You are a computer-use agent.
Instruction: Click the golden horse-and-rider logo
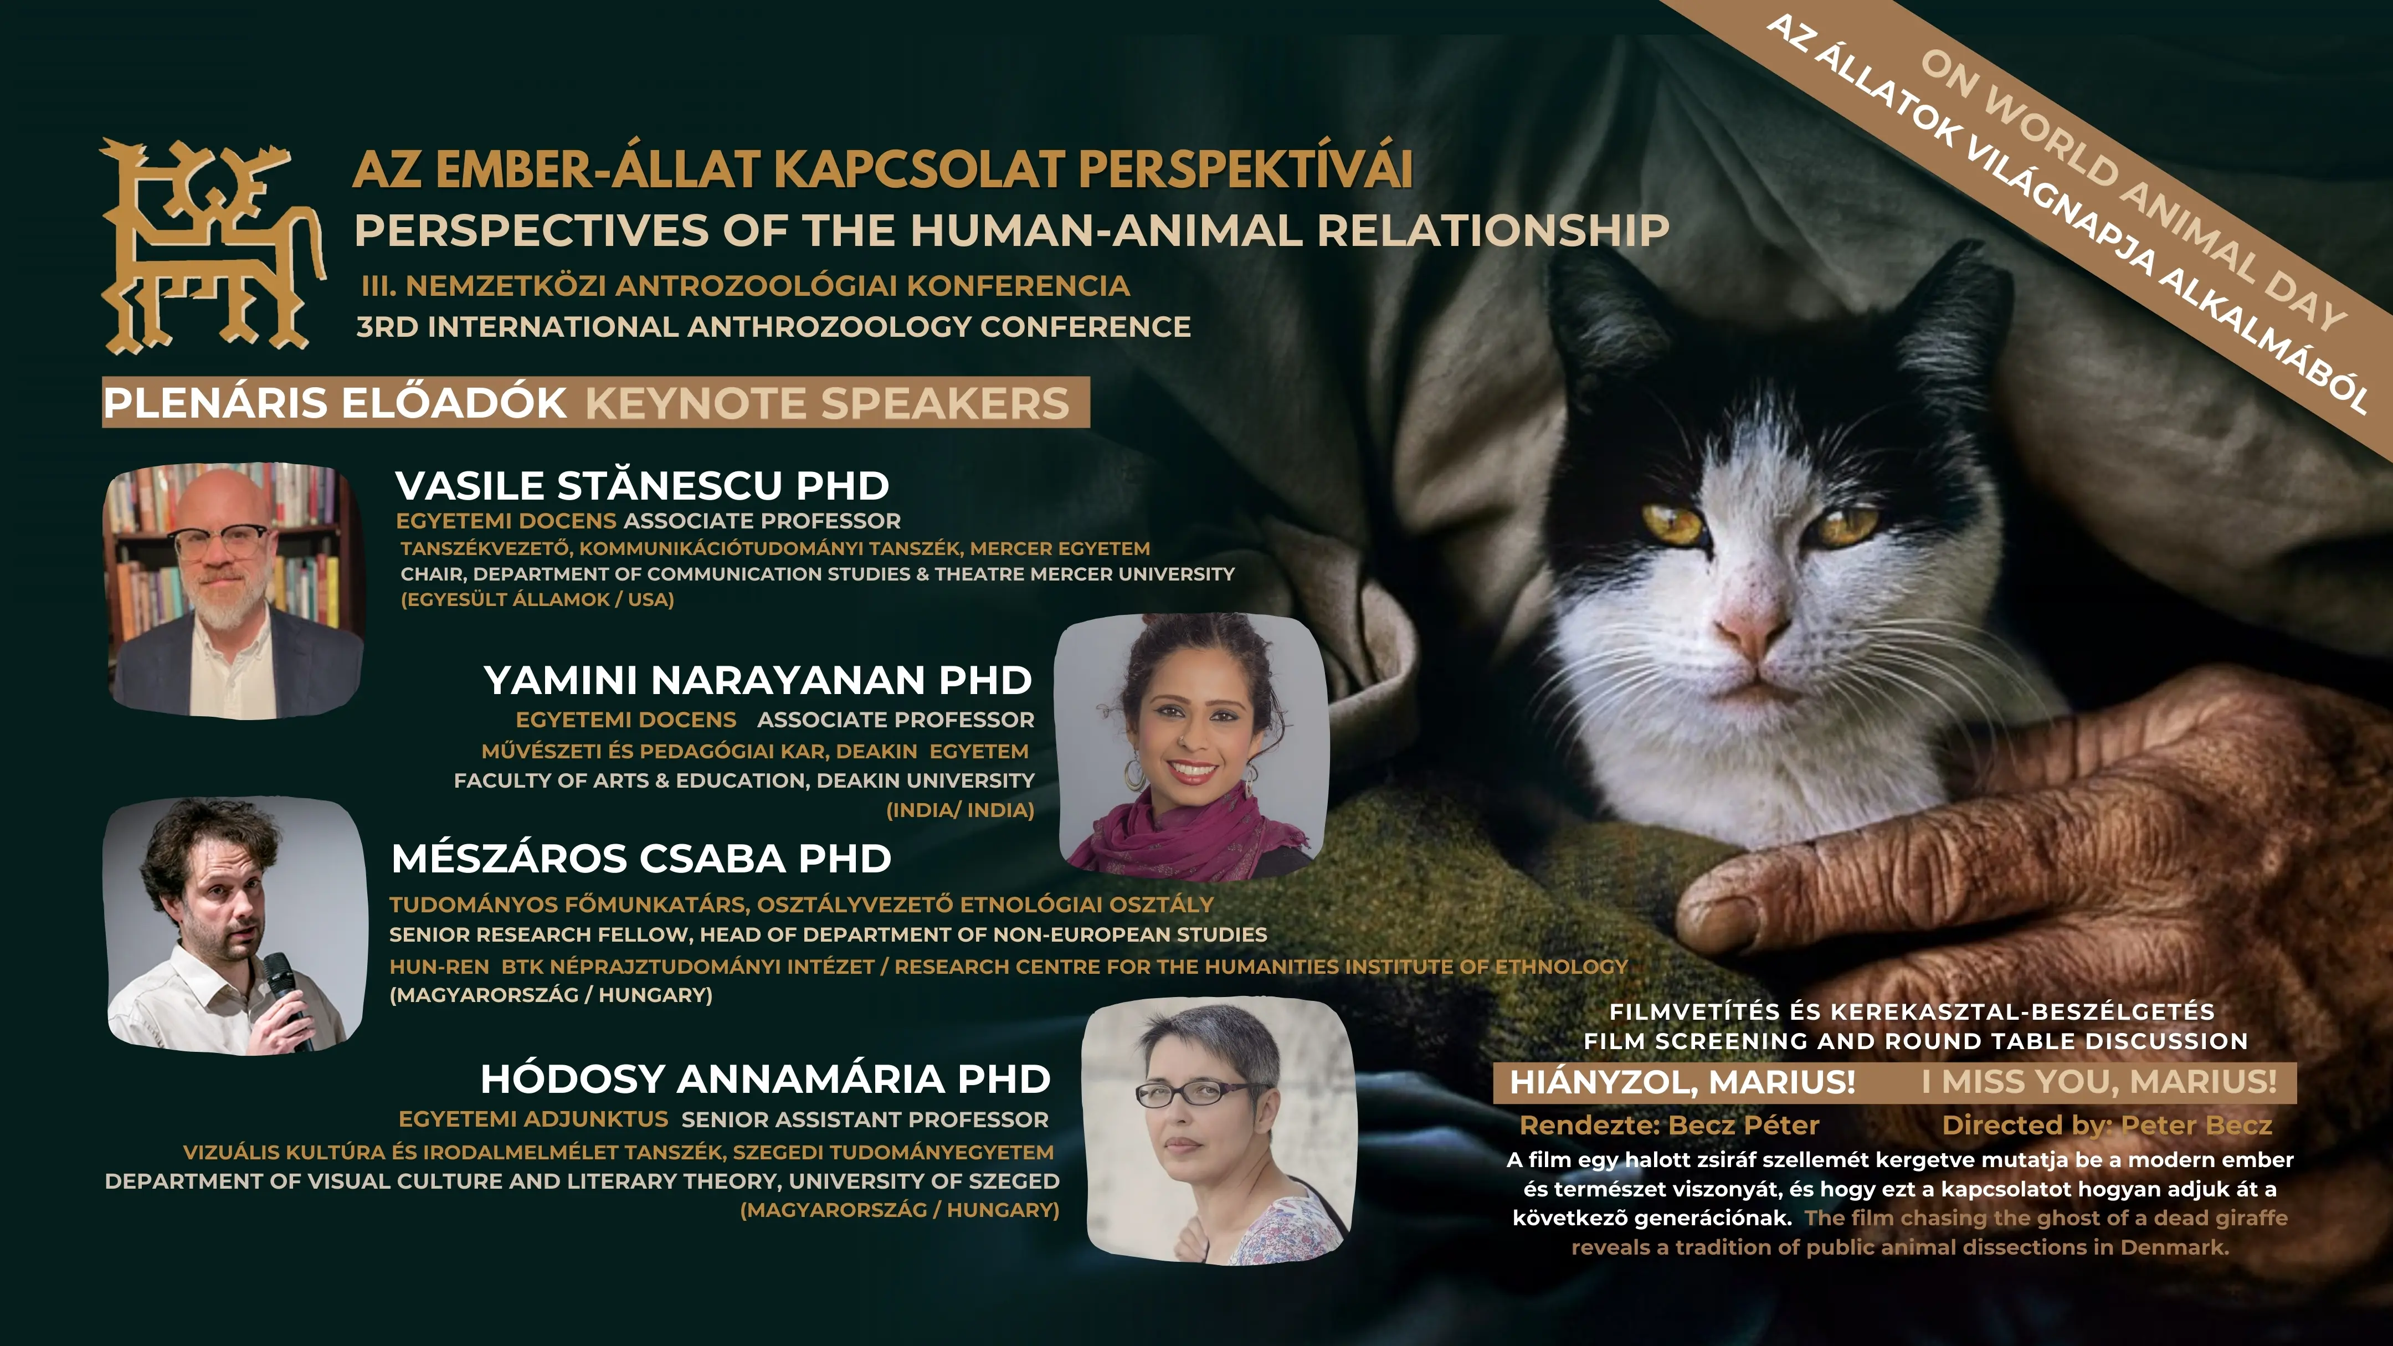[212, 246]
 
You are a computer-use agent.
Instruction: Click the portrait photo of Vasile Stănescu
[234, 591]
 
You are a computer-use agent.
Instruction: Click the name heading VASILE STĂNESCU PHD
[642, 486]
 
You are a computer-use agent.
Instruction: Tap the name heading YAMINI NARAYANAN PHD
[757, 680]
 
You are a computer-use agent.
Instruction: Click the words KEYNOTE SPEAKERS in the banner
[827, 403]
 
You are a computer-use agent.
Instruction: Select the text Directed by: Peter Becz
[2107, 1126]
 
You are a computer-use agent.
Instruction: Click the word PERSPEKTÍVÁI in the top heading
[1246, 169]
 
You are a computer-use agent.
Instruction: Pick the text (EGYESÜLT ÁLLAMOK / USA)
[537, 600]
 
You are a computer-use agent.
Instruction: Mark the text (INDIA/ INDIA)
[959, 810]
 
